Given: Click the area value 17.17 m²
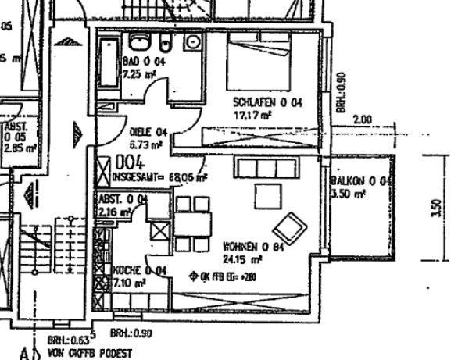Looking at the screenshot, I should click(252, 115).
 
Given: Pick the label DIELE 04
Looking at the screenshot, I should click(148, 133).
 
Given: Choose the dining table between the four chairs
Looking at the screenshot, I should click(193, 225).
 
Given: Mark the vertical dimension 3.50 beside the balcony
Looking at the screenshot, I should click(438, 209).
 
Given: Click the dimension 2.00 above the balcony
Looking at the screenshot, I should click(362, 120).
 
